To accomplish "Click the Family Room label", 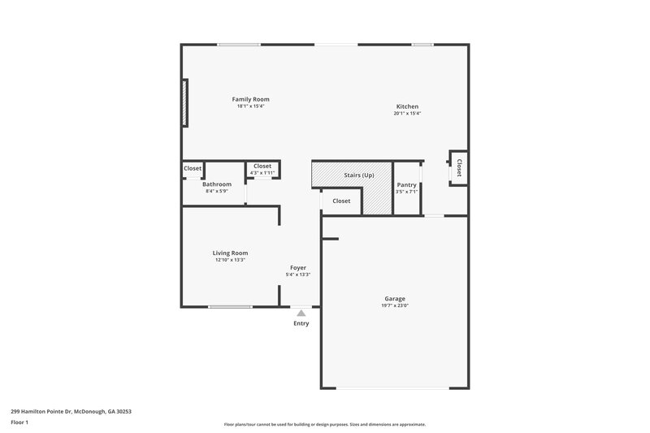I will [x=250, y=99].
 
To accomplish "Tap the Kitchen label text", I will [x=407, y=107].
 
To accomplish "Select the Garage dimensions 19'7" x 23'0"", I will [x=395, y=305].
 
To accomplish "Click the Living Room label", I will [x=230, y=253].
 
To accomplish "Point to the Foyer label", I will [x=298, y=267].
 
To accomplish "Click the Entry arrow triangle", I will [x=301, y=312].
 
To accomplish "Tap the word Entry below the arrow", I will [x=301, y=323].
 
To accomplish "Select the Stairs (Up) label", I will [x=358, y=175].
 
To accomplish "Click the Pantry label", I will [x=406, y=184].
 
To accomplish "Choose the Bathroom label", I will [x=217, y=184].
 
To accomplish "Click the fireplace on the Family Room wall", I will [x=185, y=102].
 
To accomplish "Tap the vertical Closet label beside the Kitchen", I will [x=458, y=168].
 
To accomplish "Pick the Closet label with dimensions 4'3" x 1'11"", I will [x=262, y=166].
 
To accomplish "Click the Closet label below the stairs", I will [x=341, y=201].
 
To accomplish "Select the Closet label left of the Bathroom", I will [x=193, y=168].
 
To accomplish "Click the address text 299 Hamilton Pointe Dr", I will [x=71, y=411].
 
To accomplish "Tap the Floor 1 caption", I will [x=19, y=422].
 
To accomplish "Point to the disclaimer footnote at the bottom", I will [x=324, y=424].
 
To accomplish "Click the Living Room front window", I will [x=230, y=306].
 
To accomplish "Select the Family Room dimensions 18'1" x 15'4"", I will [x=250, y=106].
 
